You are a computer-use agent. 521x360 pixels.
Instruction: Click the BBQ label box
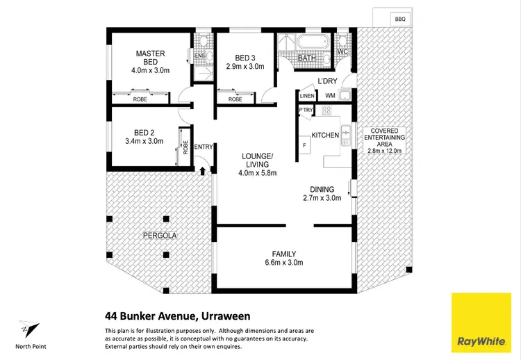(399, 19)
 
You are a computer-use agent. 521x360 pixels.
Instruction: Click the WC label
(342, 52)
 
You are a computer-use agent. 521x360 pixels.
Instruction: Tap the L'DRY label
(327, 81)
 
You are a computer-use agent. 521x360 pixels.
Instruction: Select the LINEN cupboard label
(306, 95)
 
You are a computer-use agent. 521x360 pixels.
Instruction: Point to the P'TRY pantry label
(305, 111)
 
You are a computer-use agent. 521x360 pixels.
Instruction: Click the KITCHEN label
(324, 134)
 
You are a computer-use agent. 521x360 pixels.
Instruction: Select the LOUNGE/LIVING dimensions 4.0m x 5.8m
(248, 172)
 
